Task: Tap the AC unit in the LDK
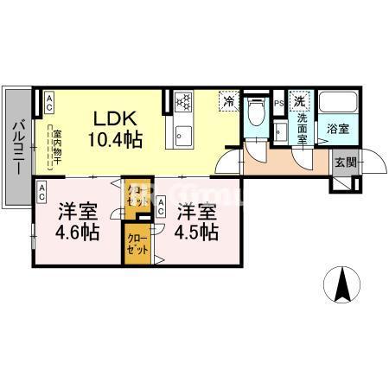[x=48, y=103]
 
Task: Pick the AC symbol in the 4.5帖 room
[x=162, y=206]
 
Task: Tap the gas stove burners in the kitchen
[x=183, y=102]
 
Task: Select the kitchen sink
[x=183, y=135]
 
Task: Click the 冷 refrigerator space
[x=228, y=101]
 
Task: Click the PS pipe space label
[x=278, y=105]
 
